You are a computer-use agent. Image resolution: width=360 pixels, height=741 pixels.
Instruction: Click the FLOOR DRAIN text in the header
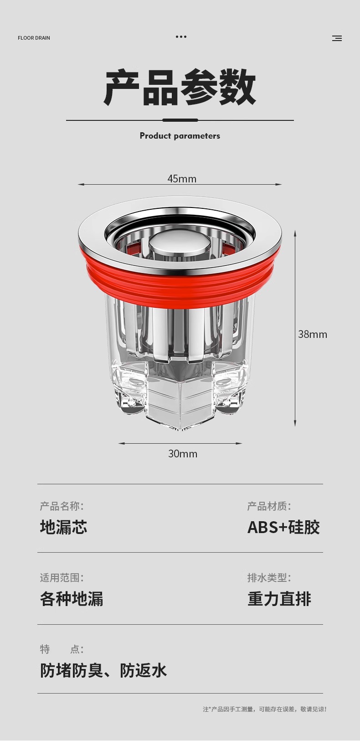[x=34, y=38]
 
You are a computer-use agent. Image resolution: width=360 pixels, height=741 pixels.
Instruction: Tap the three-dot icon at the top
[x=181, y=37]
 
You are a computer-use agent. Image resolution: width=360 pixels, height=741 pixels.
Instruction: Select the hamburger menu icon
[x=337, y=38]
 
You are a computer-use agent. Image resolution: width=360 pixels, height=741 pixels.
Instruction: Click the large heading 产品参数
[x=180, y=88]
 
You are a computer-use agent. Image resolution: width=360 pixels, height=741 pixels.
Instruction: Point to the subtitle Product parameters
[x=180, y=135]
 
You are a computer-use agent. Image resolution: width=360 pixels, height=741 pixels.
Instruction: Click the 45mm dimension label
[x=182, y=179]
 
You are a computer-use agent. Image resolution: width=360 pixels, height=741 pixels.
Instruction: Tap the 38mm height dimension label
[x=313, y=334]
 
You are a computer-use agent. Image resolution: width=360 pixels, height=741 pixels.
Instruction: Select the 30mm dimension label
[x=182, y=454]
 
